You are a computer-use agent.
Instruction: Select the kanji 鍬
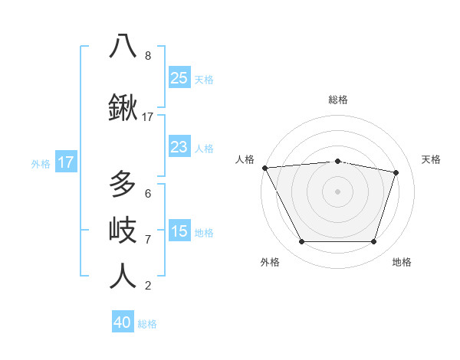tap(123, 109)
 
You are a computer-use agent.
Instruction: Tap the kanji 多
tap(123, 185)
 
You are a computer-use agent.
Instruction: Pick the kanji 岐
tap(123, 229)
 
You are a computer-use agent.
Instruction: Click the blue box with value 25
tap(179, 77)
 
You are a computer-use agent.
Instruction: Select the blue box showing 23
tap(179, 147)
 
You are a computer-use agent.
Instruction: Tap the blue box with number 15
tap(179, 231)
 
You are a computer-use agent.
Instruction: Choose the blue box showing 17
tap(65, 162)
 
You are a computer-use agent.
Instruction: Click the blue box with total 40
tap(123, 322)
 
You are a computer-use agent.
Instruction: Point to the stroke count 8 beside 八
tap(148, 56)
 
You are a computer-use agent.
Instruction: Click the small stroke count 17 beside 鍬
tap(148, 117)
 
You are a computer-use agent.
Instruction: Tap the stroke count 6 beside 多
tap(148, 194)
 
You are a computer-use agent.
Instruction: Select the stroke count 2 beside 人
tap(148, 286)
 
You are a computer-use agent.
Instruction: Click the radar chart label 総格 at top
tap(338, 100)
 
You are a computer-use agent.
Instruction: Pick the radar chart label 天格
tap(432, 159)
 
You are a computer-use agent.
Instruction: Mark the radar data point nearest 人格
tap(264, 168)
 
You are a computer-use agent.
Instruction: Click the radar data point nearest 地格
tap(373, 242)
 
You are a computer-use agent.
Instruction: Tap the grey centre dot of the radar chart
tap(338, 191)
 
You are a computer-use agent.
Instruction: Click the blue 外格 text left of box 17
tap(41, 163)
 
